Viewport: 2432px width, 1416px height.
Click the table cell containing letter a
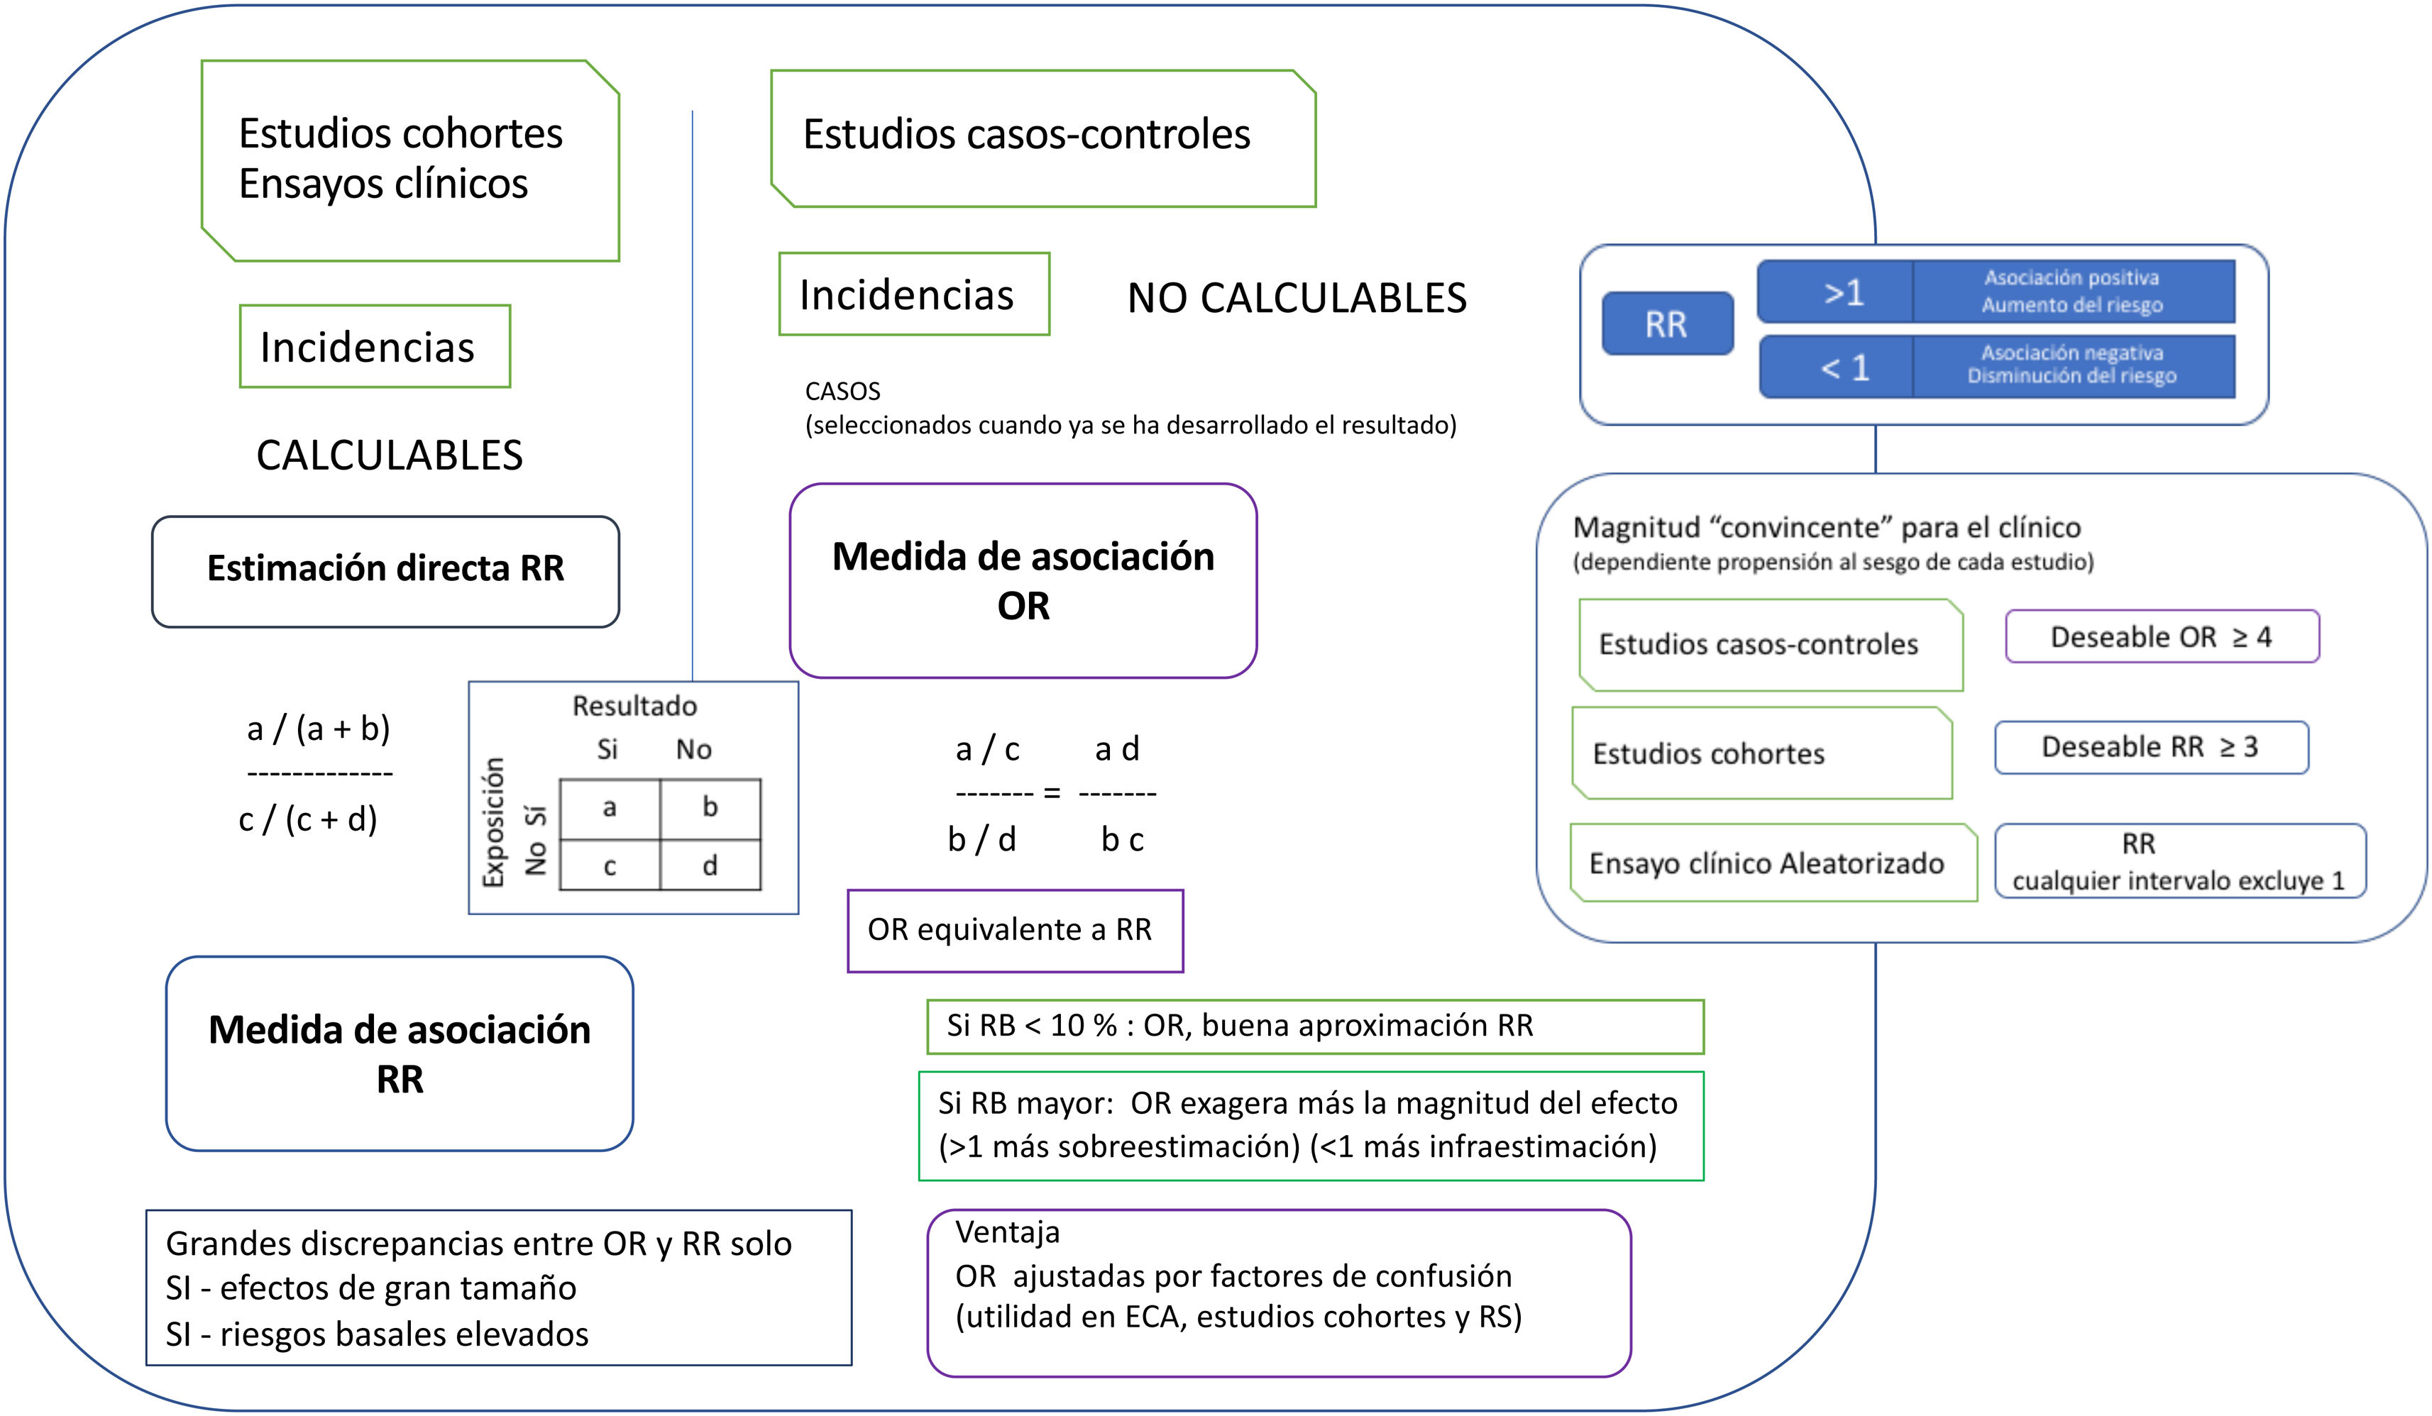click(609, 808)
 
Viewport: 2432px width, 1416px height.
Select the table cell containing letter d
click(710, 865)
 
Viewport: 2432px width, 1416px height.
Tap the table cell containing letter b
click(710, 808)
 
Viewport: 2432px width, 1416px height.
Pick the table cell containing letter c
click(609, 865)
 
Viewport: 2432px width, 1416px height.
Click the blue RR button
click(1667, 324)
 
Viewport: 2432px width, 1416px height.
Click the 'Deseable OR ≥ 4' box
click(2161, 636)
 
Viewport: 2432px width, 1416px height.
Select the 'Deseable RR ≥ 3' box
click(2150, 748)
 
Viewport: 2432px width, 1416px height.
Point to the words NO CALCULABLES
click(1296, 298)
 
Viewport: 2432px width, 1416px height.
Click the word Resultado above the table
click(634, 706)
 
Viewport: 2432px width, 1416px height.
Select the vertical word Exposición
click(494, 822)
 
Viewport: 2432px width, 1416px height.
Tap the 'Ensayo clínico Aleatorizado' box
click(1770, 863)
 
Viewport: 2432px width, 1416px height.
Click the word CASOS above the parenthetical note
click(842, 392)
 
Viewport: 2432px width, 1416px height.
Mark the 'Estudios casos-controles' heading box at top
click(1042, 137)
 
